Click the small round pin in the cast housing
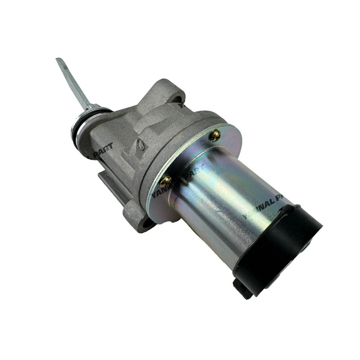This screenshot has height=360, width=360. (x=141, y=145)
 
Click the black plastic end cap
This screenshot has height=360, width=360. (x=284, y=248)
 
